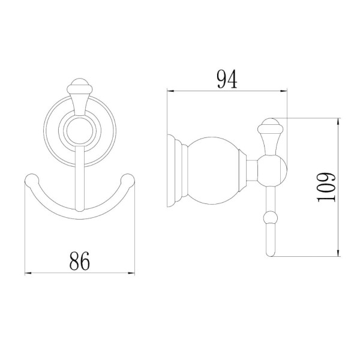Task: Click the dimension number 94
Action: click(227, 79)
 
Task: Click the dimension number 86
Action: click(79, 261)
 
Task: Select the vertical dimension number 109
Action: click(326, 187)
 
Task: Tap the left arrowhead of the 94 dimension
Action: click(170, 91)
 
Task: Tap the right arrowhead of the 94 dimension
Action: click(284, 91)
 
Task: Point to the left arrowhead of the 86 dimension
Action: click(28, 273)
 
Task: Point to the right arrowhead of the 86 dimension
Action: click(131, 273)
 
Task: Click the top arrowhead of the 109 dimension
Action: click(338, 122)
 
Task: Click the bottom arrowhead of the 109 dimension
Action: click(338, 253)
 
